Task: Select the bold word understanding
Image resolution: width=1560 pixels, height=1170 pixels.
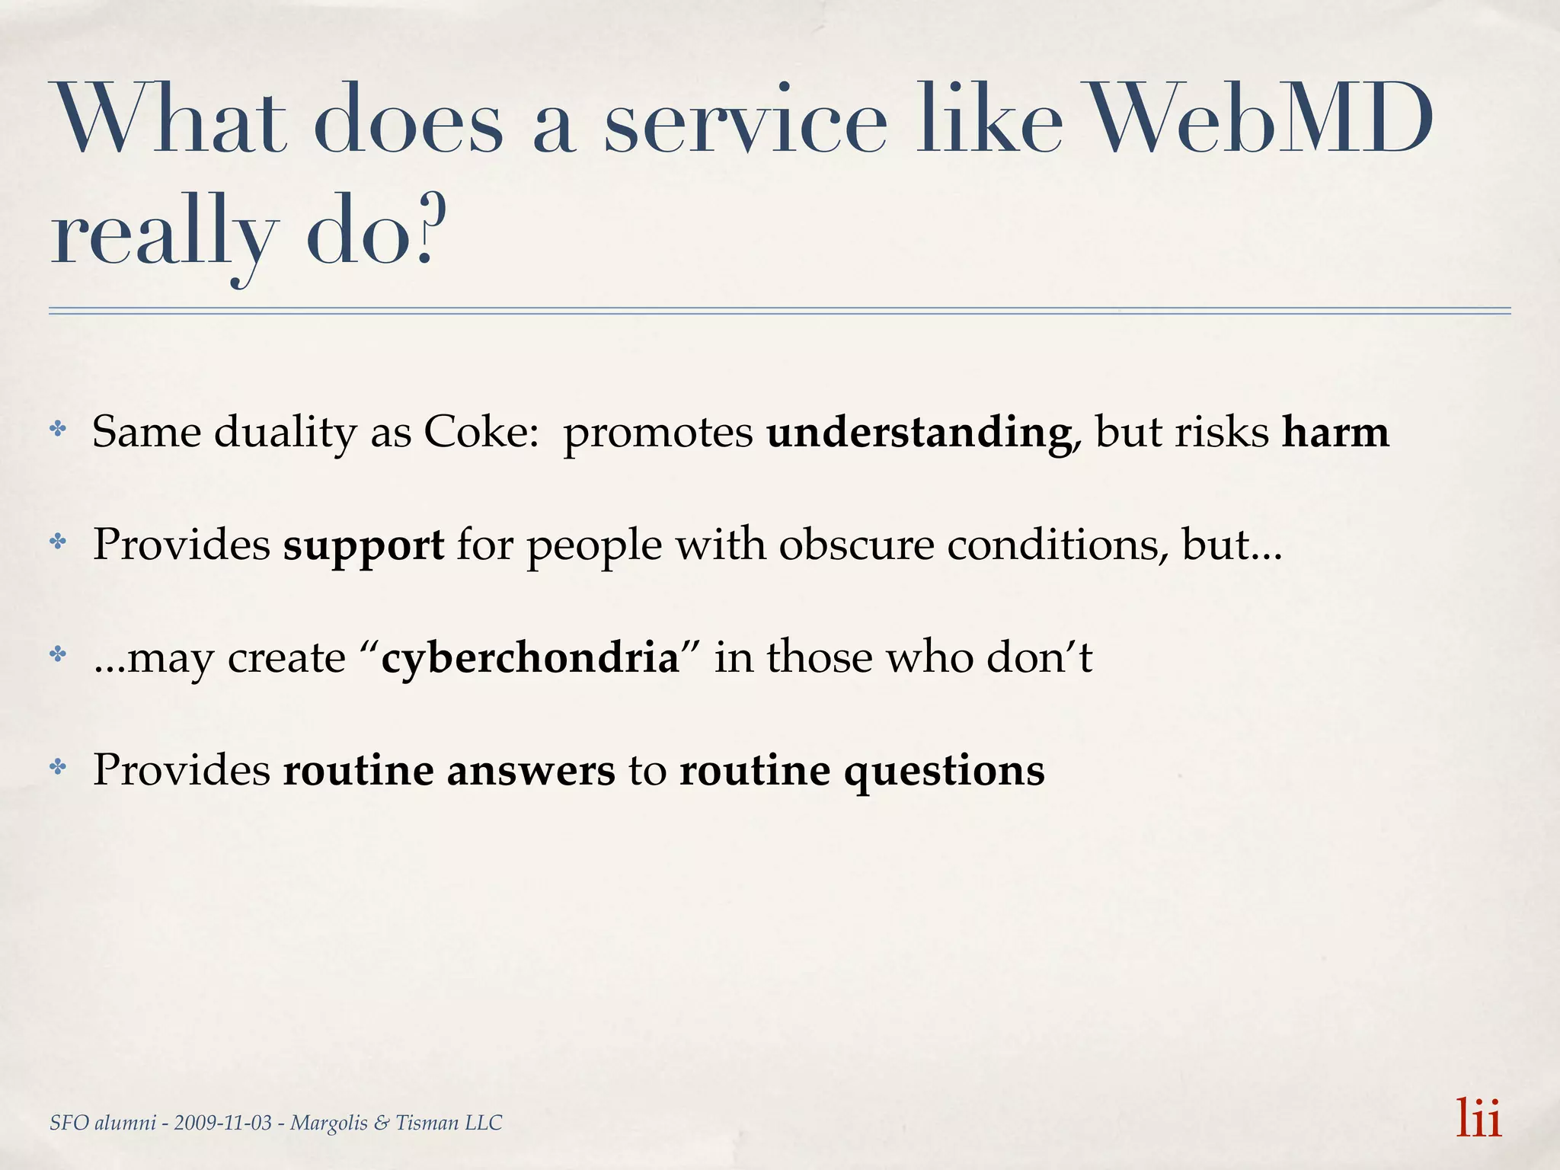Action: tap(919, 433)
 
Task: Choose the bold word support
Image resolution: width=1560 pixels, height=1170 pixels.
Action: tap(363, 545)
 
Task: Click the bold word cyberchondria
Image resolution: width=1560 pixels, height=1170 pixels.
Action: tap(529, 657)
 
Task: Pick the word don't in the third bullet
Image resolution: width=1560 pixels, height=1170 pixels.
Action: tap(1039, 657)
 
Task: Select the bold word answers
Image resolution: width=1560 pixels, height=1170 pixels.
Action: tap(530, 769)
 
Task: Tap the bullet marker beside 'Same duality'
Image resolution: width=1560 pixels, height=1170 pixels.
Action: tap(58, 430)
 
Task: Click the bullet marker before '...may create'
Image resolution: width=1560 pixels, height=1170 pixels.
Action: tap(58, 654)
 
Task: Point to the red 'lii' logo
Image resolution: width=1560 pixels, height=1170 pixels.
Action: tap(1478, 1118)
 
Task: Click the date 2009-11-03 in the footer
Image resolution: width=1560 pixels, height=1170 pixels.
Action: tap(222, 1123)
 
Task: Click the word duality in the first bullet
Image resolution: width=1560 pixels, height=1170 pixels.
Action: tap(285, 433)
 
